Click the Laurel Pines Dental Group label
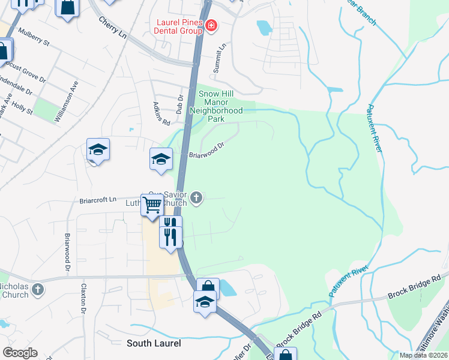[x=178, y=25]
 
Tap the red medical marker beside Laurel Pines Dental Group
[x=211, y=25]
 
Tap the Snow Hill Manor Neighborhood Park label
[x=216, y=103]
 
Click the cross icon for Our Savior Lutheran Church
[x=196, y=197]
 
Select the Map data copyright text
[x=423, y=355]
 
